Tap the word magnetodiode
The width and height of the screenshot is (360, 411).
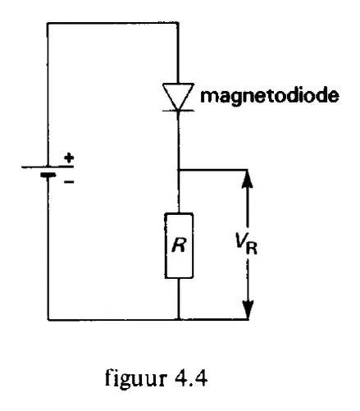tap(270, 96)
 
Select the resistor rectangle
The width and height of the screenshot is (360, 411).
tap(179, 245)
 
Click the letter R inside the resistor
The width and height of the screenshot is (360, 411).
tap(180, 245)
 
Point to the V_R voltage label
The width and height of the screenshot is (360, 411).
tap(246, 244)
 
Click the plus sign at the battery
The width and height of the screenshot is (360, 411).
tap(69, 158)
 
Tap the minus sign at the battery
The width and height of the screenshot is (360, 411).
tap(69, 182)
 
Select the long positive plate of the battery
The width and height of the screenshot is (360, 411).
tap(48, 167)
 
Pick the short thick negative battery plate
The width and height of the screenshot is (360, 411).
tap(48, 175)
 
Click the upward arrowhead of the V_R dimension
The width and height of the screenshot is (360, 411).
tap(248, 179)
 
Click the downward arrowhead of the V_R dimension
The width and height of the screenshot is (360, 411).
tap(248, 310)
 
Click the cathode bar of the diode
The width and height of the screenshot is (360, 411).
tap(178, 111)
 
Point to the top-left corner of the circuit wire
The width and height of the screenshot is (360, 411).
tap(48, 23)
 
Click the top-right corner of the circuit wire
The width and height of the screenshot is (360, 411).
tap(178, 23)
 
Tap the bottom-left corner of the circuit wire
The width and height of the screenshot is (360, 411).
tap(48, 319)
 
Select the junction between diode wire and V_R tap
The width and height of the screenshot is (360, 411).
tap(179, 170)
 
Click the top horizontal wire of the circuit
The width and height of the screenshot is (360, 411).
tap(113, 23)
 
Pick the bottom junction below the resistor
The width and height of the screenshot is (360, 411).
tap(179, 319)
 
